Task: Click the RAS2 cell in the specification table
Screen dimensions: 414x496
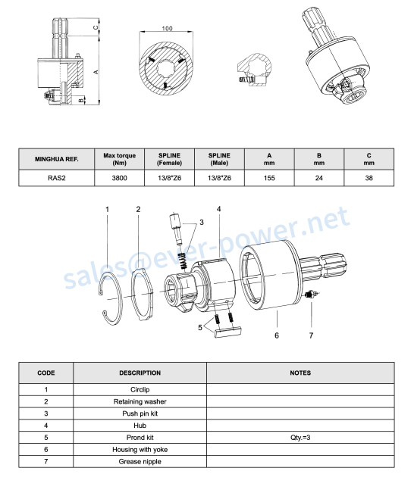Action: point(57,178)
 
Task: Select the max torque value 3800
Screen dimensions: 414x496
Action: point(119,178)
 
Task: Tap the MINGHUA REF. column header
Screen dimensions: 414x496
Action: point(57,159)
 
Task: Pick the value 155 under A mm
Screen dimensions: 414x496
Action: point(269,178)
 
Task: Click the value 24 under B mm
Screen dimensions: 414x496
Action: point(319,178)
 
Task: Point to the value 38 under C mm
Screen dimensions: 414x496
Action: point(369,178)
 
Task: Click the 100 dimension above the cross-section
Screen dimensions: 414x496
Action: point(167,29)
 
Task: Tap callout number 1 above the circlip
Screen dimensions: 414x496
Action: point(108,210)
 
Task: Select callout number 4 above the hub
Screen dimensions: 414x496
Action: point(219,209)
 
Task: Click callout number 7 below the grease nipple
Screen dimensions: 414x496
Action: point(311,335)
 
